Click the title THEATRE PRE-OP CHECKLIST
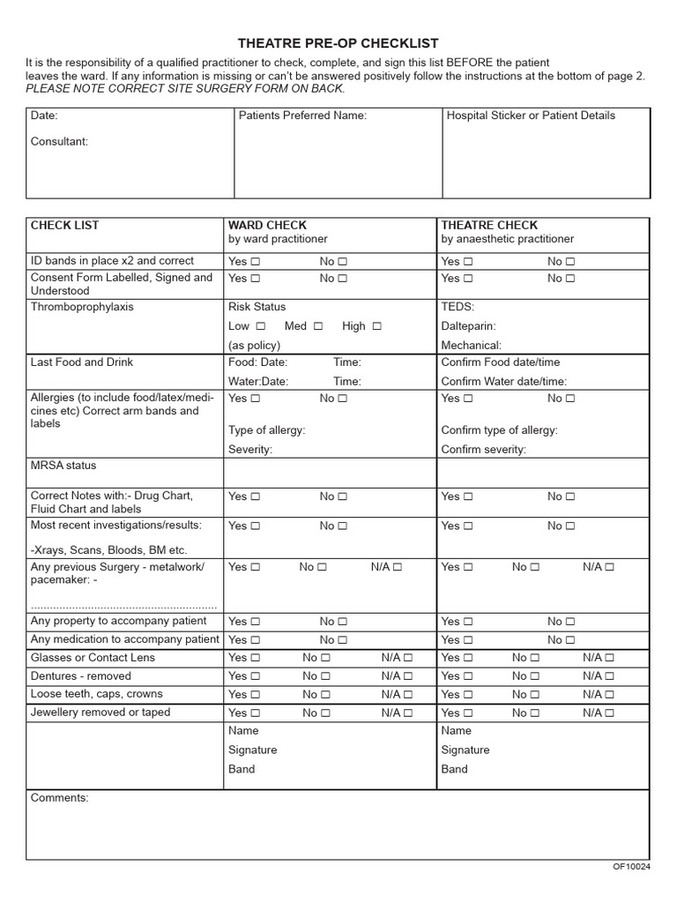click(338, 43)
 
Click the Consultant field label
click(59, 141)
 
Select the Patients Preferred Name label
click(302, 116)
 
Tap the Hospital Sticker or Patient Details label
click(531, 116)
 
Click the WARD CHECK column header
click(267, 226)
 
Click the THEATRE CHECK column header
click(489, 226)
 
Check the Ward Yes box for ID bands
click(256, 262)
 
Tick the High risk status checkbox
click(376, 326)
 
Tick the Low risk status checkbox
click(260, 326)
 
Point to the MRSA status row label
click(63, 466)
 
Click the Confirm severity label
click(483, 450)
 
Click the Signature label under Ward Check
click(252, 750)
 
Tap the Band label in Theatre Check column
click(454, 769)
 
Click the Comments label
click(59, 798)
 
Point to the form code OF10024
click(631, 867)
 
